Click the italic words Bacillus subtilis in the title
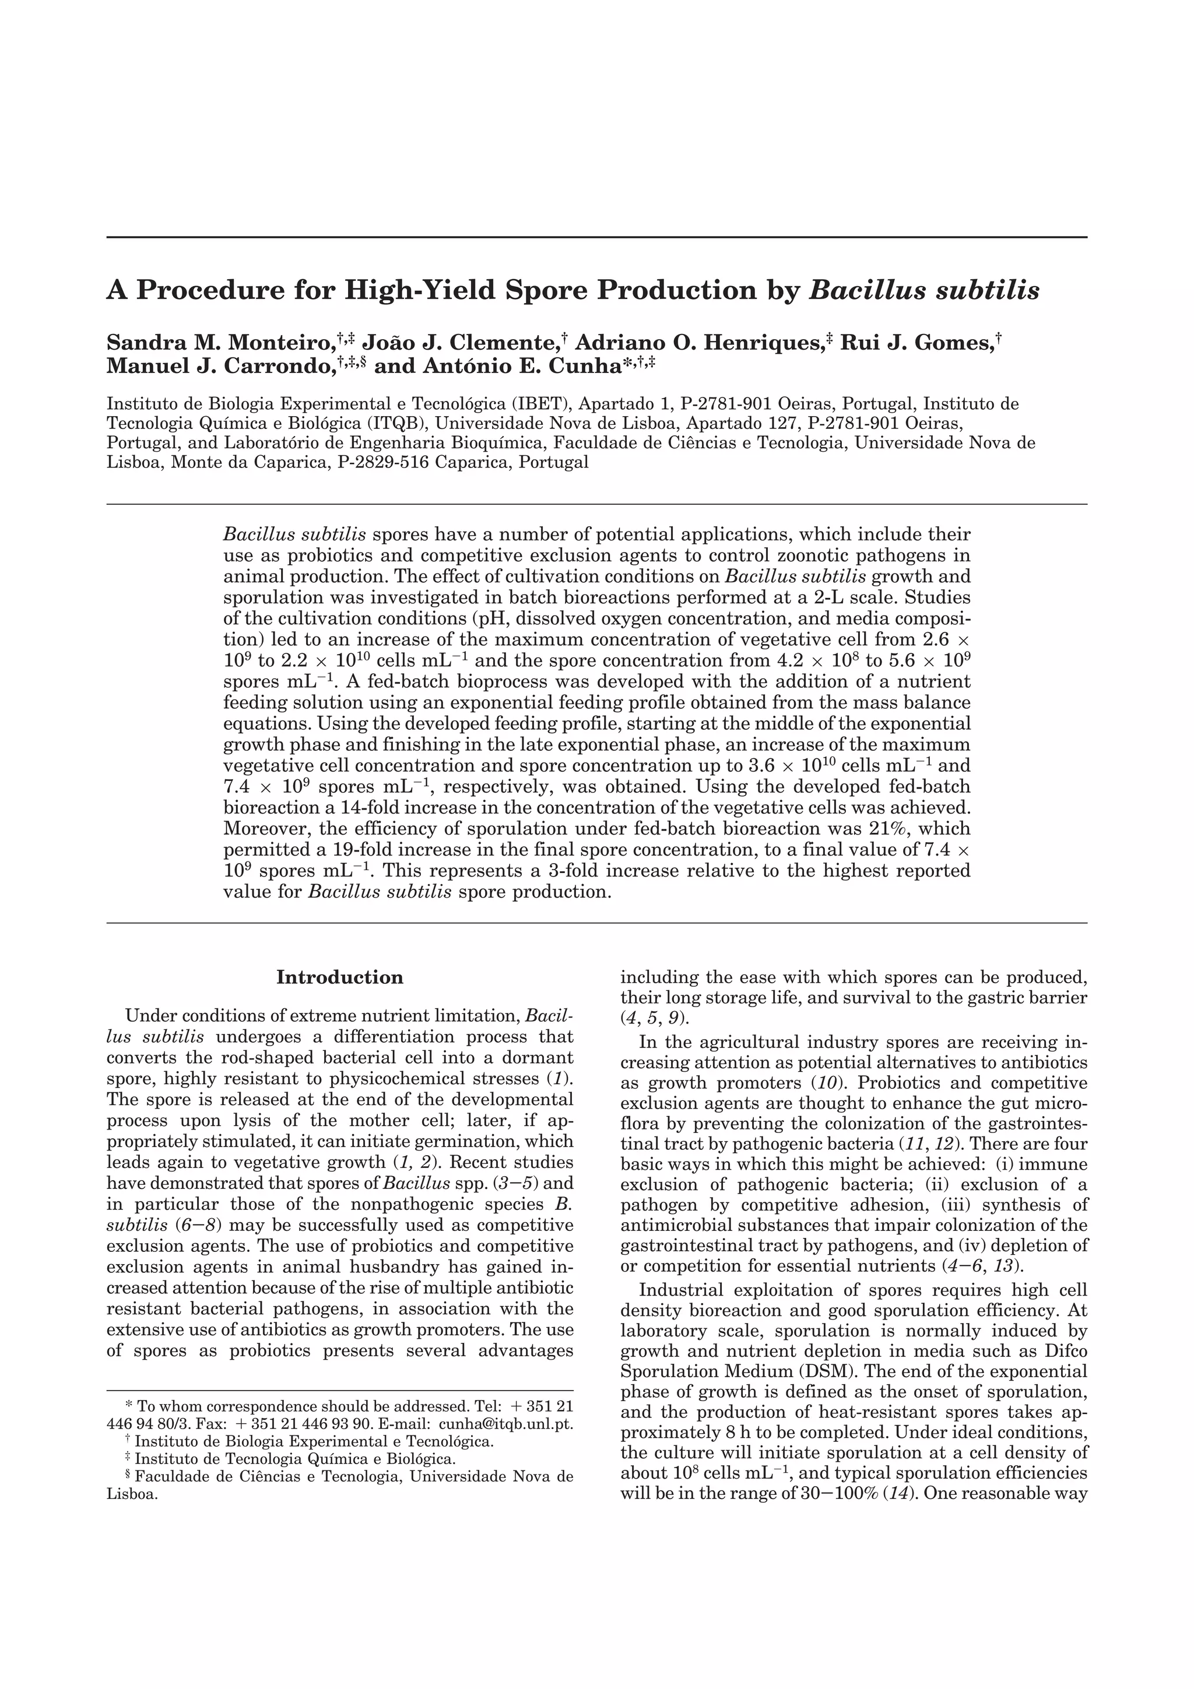point(924,291)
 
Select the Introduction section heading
point(340,977)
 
